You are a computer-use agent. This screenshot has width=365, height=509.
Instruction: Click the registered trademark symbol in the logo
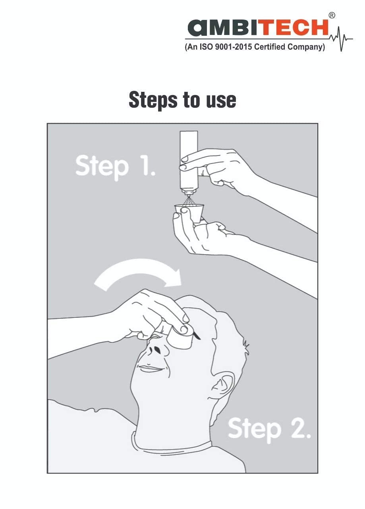(332, 16)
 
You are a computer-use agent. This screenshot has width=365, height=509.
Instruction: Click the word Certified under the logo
(270, 47)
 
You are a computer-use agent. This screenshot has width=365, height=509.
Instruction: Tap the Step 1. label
(115, 167)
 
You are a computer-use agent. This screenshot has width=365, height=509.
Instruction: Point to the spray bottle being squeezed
(189, 163)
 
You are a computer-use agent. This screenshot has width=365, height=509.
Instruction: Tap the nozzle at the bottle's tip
(189, 193)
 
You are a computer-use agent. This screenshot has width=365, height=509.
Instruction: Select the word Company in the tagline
(306, 47)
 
